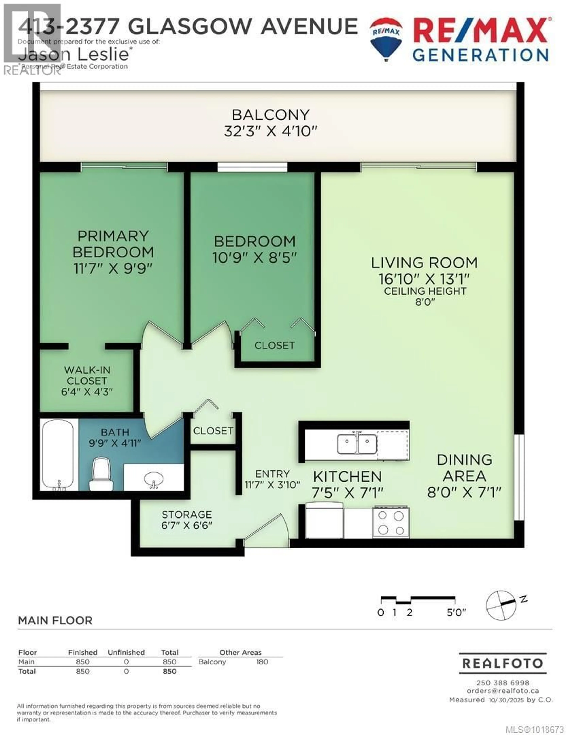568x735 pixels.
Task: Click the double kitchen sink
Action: [x=357, y=443]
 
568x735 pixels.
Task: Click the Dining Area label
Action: [x=464, y=468]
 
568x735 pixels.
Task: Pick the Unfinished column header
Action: [x=126, y=652]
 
